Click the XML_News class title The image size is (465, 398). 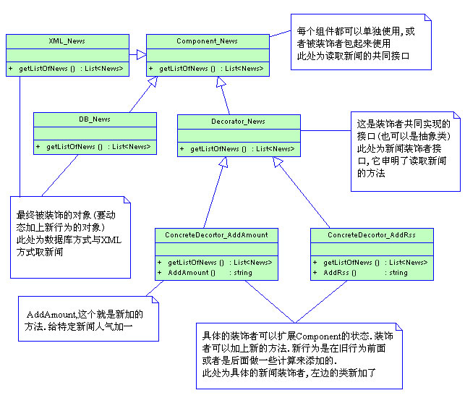[x=67, y=41]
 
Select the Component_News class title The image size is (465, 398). [x=208, y=41]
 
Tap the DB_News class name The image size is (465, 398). [x=95, y=119]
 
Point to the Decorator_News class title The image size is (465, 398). [x=239, y=122]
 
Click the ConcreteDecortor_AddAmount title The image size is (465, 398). [x=216, y=235]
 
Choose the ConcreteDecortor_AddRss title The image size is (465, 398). [x=372, y=235]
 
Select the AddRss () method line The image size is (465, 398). [x=340, y=273]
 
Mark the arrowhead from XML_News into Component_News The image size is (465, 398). [x=142, y=54]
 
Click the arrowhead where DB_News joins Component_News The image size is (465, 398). [x=153, y=82]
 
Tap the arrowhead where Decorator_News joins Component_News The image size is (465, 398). [x=220, y=82]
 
